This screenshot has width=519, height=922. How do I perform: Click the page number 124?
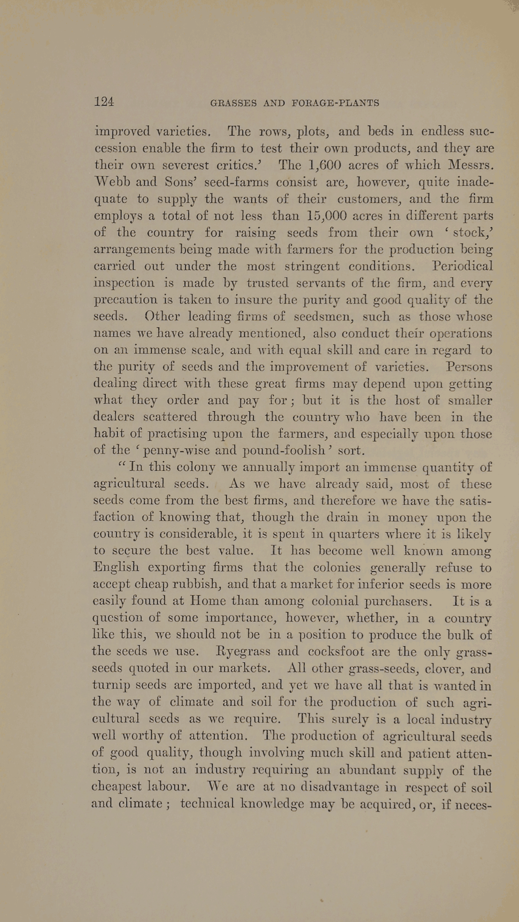point(104,102)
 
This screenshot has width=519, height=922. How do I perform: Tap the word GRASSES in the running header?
point(233,103)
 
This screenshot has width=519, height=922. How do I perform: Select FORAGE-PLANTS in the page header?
point(335,103)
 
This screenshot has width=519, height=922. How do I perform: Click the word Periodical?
point(462,266)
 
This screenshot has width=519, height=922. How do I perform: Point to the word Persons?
point(469,367)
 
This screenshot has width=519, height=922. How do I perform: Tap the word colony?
point(191,468)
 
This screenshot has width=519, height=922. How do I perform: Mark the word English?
point(116,568)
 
